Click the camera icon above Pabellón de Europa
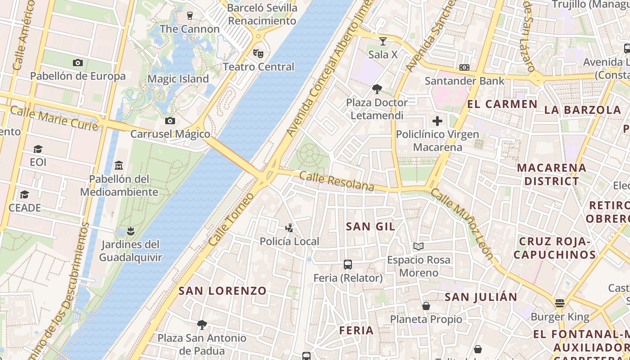tap(78, 63)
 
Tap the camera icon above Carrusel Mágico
tap(170, 121)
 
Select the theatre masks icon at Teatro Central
tap(258, 53)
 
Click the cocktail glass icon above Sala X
tap(383, 41)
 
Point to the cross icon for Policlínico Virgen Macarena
tap(437, 121)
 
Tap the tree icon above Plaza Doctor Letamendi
tap(377, 89)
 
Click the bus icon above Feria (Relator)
tap(348, 264)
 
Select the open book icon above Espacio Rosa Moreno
tap(418, 246)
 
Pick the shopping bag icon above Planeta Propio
tap(426, 306)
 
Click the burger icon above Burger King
tap(560, 303)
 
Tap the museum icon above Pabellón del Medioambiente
tap(119, 165)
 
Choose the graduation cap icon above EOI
tap(38, 149)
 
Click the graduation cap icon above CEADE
tap(24, 194)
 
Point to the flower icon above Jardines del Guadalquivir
tap(130, 231)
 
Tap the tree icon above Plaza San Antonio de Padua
tap(202, 324)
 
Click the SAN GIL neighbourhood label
tap(370, 226)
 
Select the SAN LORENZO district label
tap(223, 291)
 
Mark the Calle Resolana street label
tap(337, 181)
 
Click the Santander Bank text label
tap(465, 81)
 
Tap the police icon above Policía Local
tap(290, 228)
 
